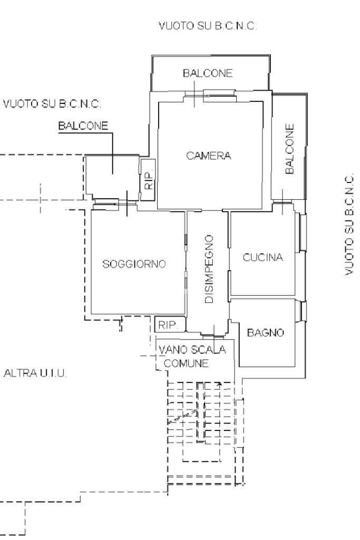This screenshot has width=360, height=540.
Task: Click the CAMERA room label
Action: coord(208,156)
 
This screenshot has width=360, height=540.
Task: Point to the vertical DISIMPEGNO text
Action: coord(209,269)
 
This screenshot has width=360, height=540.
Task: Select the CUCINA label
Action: coord(262,258)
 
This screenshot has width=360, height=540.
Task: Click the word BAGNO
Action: coord(266,333)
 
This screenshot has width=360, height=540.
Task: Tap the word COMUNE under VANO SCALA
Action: coord(186,363)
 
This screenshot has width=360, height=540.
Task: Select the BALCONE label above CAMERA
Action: coord(208,74)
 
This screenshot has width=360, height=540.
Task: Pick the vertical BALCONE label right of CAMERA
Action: coord(289,149)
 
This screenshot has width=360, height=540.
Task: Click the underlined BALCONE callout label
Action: coord(83,126)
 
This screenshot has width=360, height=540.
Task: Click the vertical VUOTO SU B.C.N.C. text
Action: coord(349,225)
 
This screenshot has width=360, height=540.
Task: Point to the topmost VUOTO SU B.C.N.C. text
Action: coord(208,26)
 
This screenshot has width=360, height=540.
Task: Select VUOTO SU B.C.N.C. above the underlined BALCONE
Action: coord(52,103)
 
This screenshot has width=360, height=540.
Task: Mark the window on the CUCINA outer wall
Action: coord(302,232)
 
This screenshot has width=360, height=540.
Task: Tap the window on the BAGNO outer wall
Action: coord(303,311)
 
